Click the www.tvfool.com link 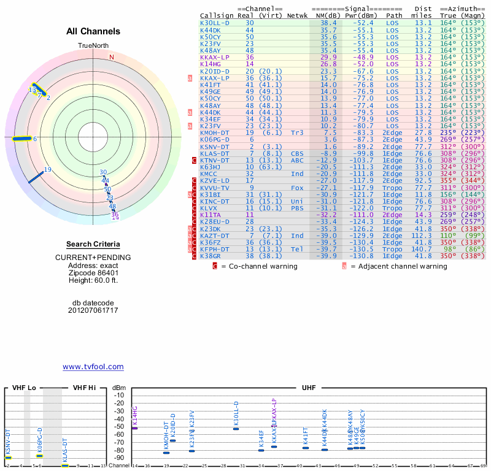tap(93, 367)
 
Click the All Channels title tap(93, 31)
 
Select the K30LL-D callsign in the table tap(215, 23)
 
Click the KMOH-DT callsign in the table tap(215, 132)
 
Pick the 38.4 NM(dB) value tap(328, 23)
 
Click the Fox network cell tap(297, 188)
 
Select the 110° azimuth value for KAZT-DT tap(450, 235)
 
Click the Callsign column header tap(217, 15)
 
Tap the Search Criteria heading tap(93, 243)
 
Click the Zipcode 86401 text tap(93, 273)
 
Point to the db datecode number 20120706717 tap(93, 310)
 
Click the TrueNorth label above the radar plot tap(93, 46)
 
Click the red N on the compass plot tap(112, 57)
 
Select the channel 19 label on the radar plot tap(47, 170)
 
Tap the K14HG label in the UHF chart tap(135, 416)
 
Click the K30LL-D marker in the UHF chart tap(236, 429)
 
